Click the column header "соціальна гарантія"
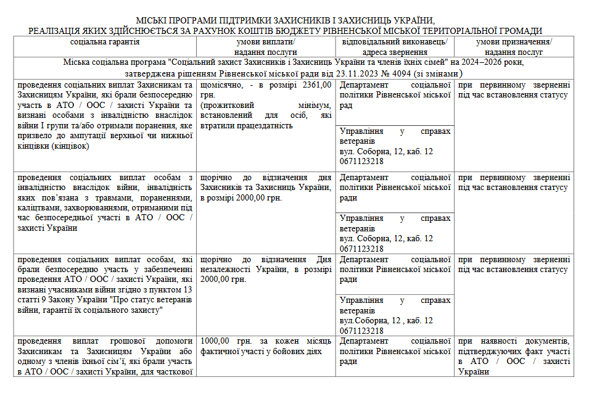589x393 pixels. [x=105, y=42]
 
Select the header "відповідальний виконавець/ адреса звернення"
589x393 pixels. [x=395, y=47]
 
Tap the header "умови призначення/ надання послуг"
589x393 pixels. [x=514, y=47]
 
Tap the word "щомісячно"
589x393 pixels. [x=222, y=85]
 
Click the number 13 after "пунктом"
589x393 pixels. [x=187, y=290]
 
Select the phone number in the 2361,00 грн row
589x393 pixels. [x=361, y=161]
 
